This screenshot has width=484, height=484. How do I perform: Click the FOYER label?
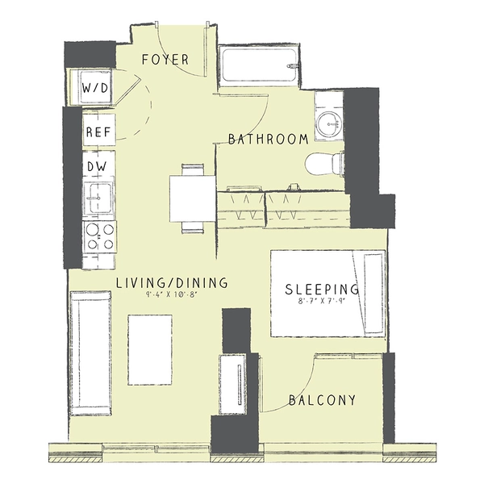click(x=165, y=60)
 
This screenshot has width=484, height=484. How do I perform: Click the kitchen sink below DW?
click(x=100, y=198)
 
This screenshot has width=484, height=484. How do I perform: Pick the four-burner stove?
click(x=100, y=236)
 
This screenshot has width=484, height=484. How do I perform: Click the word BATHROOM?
click(x=268, y=140)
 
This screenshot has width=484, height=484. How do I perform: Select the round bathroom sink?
click(x=328, y=123)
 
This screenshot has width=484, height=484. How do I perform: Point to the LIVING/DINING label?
click(x=171, y=283)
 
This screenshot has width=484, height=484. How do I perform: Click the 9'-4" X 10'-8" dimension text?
click(x=171, y=296)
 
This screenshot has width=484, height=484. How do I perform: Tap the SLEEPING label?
click(x=323, y=289)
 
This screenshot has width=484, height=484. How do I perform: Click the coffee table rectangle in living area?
click(x=150, y=348)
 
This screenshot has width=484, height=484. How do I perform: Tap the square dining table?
click(x=192, y=197)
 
